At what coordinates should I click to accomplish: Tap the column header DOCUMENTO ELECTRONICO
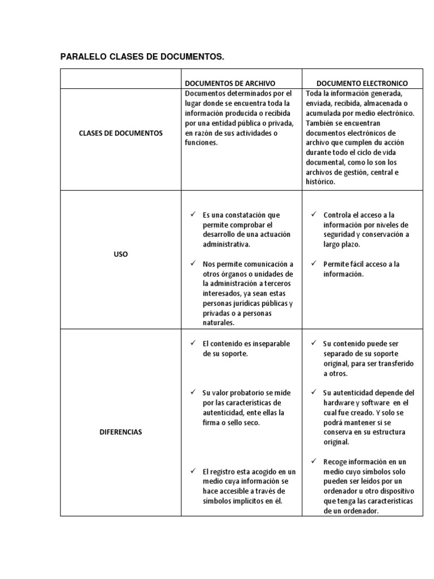(362, 83)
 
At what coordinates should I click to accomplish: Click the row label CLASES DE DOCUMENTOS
(121, 133)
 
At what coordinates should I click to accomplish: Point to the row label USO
(121, 254)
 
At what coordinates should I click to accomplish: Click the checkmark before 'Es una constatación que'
(193, 215)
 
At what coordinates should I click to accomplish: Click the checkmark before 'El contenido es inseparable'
(193, 343)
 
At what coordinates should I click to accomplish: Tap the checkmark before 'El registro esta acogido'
(193, 471)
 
